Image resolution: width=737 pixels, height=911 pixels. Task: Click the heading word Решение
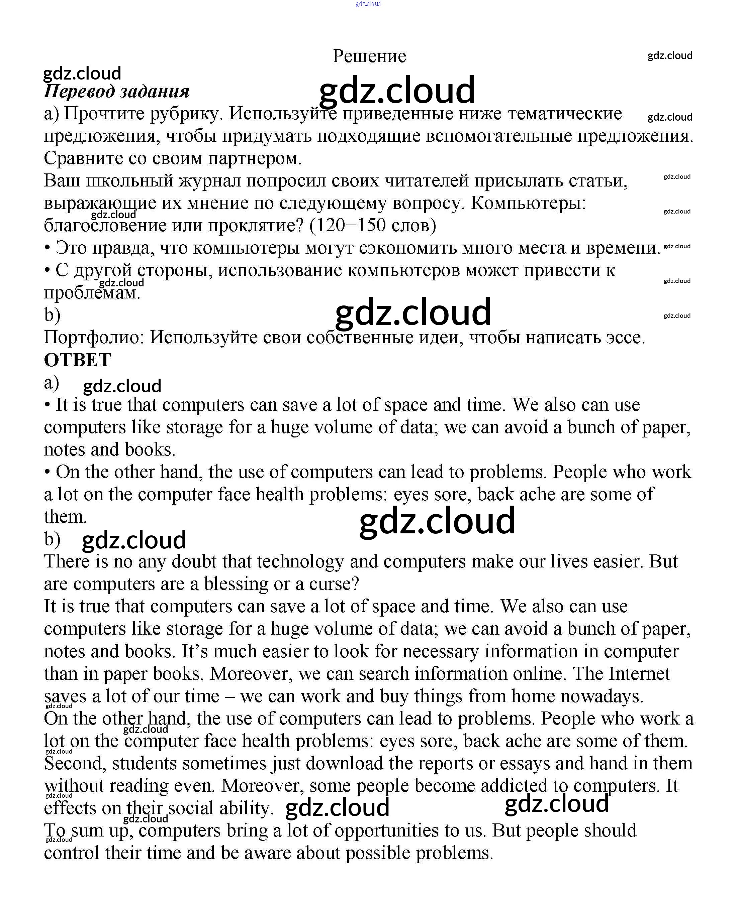369,56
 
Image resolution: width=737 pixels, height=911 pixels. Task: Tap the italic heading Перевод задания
116,92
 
